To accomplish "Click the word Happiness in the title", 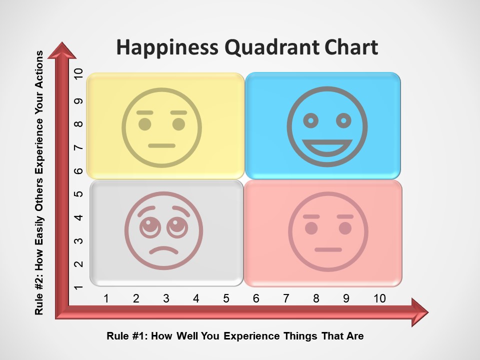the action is click(x=167, y=48).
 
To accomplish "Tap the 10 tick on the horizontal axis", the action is click(x=379, y=298).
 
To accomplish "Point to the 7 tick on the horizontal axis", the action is click(x=286, y=298).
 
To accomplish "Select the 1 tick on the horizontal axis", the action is click(x=106, y=298).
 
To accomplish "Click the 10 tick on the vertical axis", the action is click(x=78, y=73).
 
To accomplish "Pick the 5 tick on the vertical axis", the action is click(x=78, y=194).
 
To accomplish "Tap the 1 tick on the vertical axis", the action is click(x=78, y=287).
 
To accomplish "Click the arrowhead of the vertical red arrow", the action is click(x=62, y=50).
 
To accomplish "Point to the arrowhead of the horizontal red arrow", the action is click(x=419, y=312).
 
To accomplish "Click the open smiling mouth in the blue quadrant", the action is click(x=327, y=147).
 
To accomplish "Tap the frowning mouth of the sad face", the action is click(x=164, y=250).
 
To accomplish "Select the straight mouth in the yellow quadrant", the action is click(x=162, y=145).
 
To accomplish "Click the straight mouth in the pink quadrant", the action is click(x=328, y=250).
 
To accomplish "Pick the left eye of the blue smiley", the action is click(x=310, y=120).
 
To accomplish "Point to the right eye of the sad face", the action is click(x=177, y=227).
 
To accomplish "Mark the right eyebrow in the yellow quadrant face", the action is click(x=179, y=112).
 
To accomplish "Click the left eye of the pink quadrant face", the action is click(x=311, y=228).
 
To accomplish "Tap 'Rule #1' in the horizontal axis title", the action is click(x=127, y=336).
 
